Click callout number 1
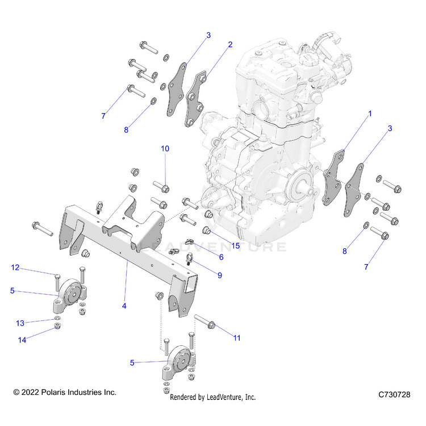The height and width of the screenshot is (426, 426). (370, 114)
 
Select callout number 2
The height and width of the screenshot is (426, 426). (230, 45)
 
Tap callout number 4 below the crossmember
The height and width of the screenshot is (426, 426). (124, 306)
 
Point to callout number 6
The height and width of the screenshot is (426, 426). (221, 257)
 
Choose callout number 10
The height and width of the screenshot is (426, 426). (165, 149)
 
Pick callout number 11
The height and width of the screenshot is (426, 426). (237, 338)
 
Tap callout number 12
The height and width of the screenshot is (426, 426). (15, 268)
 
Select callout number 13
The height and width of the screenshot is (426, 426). (20, 323)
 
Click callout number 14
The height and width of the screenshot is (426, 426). (22, 340)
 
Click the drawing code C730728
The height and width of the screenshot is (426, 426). (394, 394)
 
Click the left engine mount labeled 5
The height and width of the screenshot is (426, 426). (70, 296)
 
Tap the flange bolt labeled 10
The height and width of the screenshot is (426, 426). (161, 186)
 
